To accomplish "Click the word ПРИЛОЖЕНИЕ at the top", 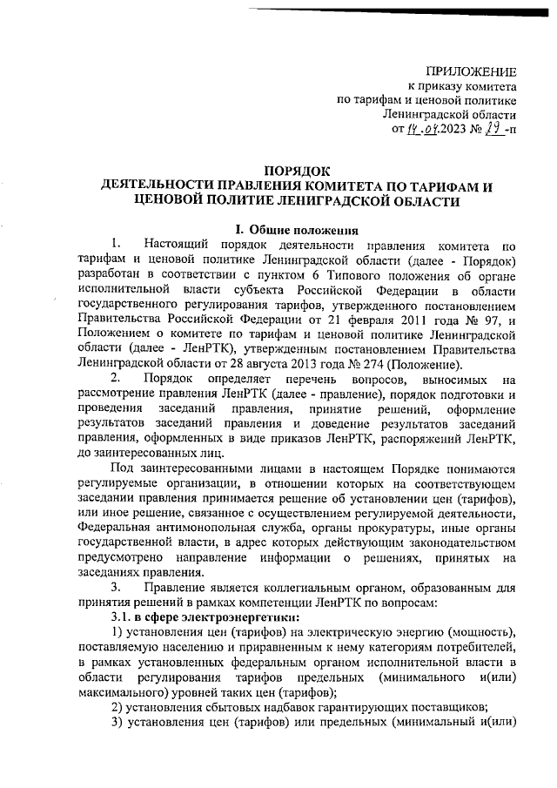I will (x=471, y=71).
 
